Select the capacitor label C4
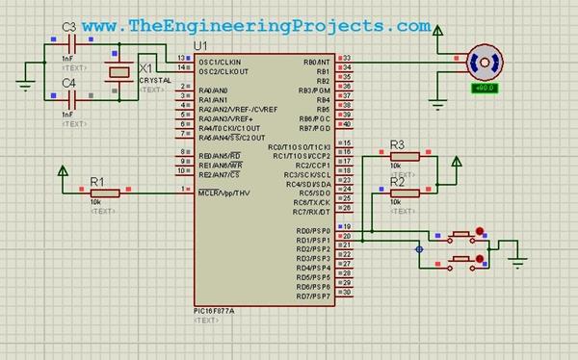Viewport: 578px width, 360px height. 68,84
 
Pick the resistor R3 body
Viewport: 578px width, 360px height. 405,156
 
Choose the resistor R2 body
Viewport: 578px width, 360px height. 405,193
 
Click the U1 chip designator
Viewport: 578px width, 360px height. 200,46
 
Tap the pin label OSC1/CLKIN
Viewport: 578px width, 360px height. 221,63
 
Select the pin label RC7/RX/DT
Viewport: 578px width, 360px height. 311,212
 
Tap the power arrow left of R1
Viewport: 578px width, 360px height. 65,173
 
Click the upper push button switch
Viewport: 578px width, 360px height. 460,234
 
